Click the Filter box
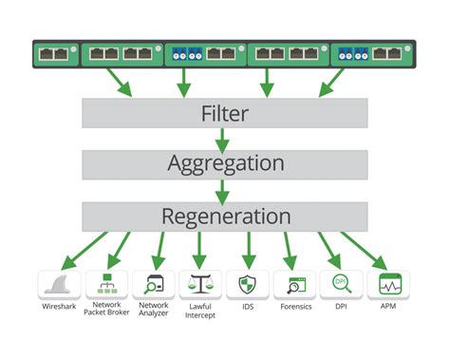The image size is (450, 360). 224,113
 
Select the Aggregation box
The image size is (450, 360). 224,164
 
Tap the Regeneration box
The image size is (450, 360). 224,215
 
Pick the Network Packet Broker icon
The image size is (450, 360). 106,284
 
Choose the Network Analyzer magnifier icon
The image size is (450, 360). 153,284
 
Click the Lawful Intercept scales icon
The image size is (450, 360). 200,284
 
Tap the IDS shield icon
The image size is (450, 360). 248,284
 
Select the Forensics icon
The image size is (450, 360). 294,284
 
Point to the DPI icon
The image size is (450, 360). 342,284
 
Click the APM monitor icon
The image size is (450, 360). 389,284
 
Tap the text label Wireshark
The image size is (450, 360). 58,309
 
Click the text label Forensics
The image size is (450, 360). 295,308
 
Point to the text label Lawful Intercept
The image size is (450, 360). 200,313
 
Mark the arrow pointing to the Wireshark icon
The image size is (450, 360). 70,251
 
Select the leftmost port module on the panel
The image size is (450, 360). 56,54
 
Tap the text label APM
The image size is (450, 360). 389,308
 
